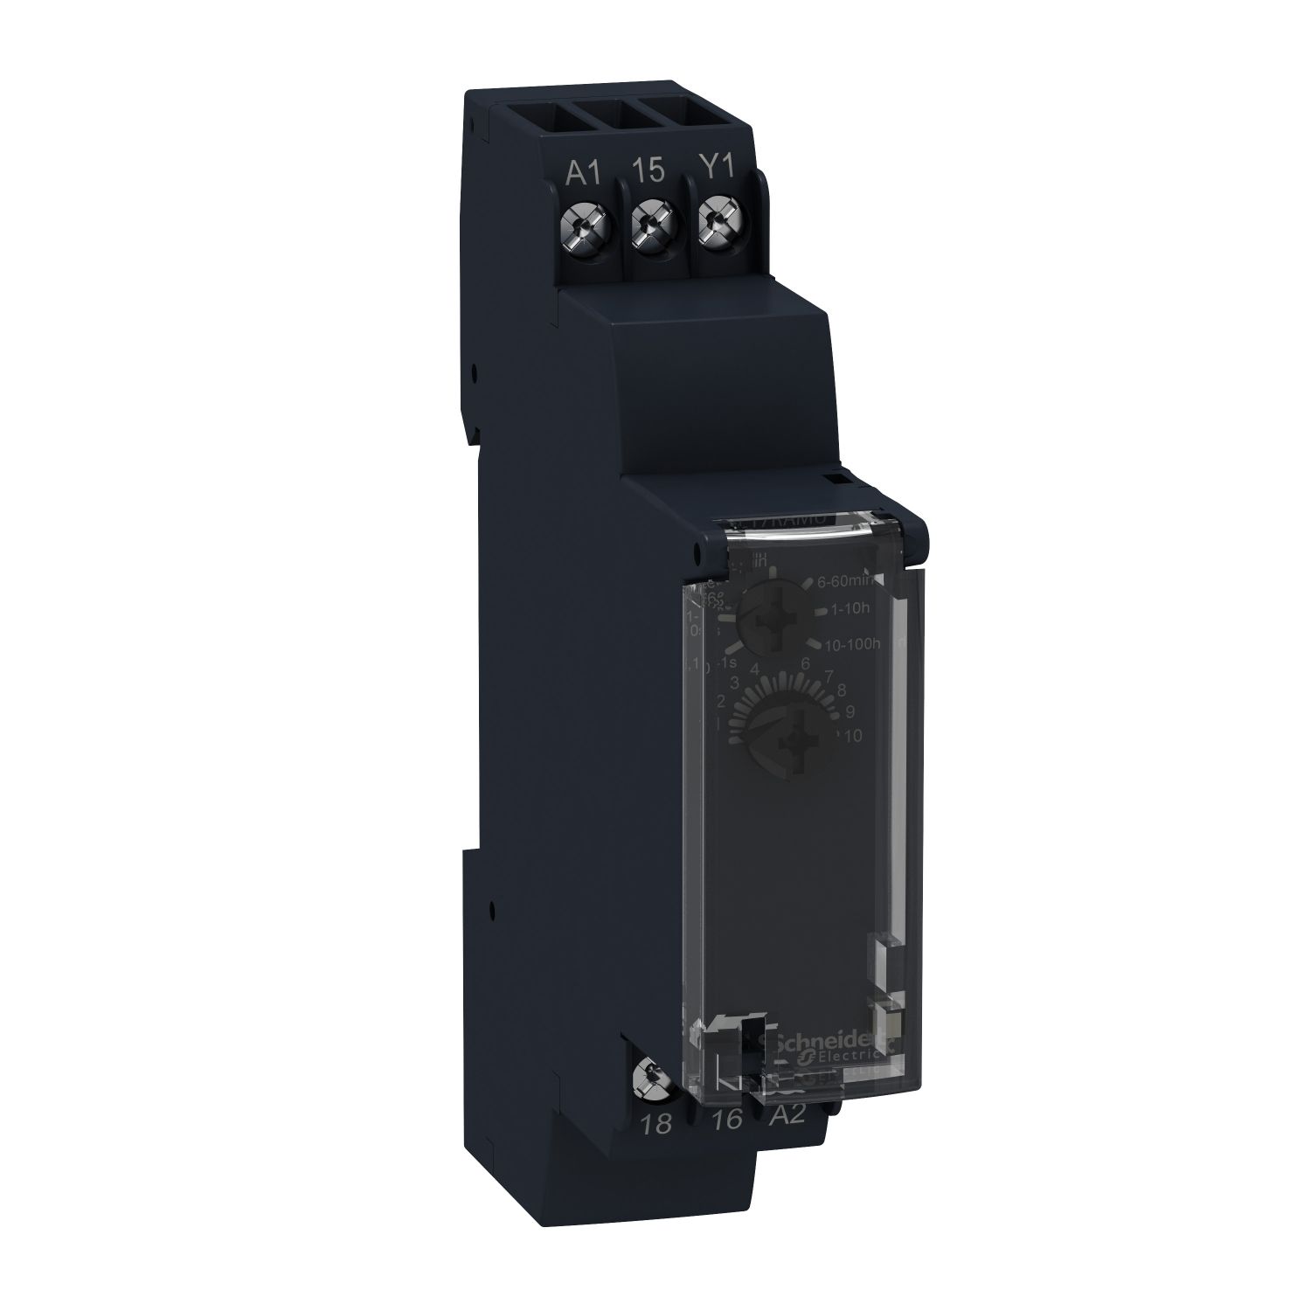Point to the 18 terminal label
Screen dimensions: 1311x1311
[x=656, y=1124]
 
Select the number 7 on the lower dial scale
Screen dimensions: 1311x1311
[x=829, y=674]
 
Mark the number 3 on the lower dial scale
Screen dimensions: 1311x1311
[x=735, y=683]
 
